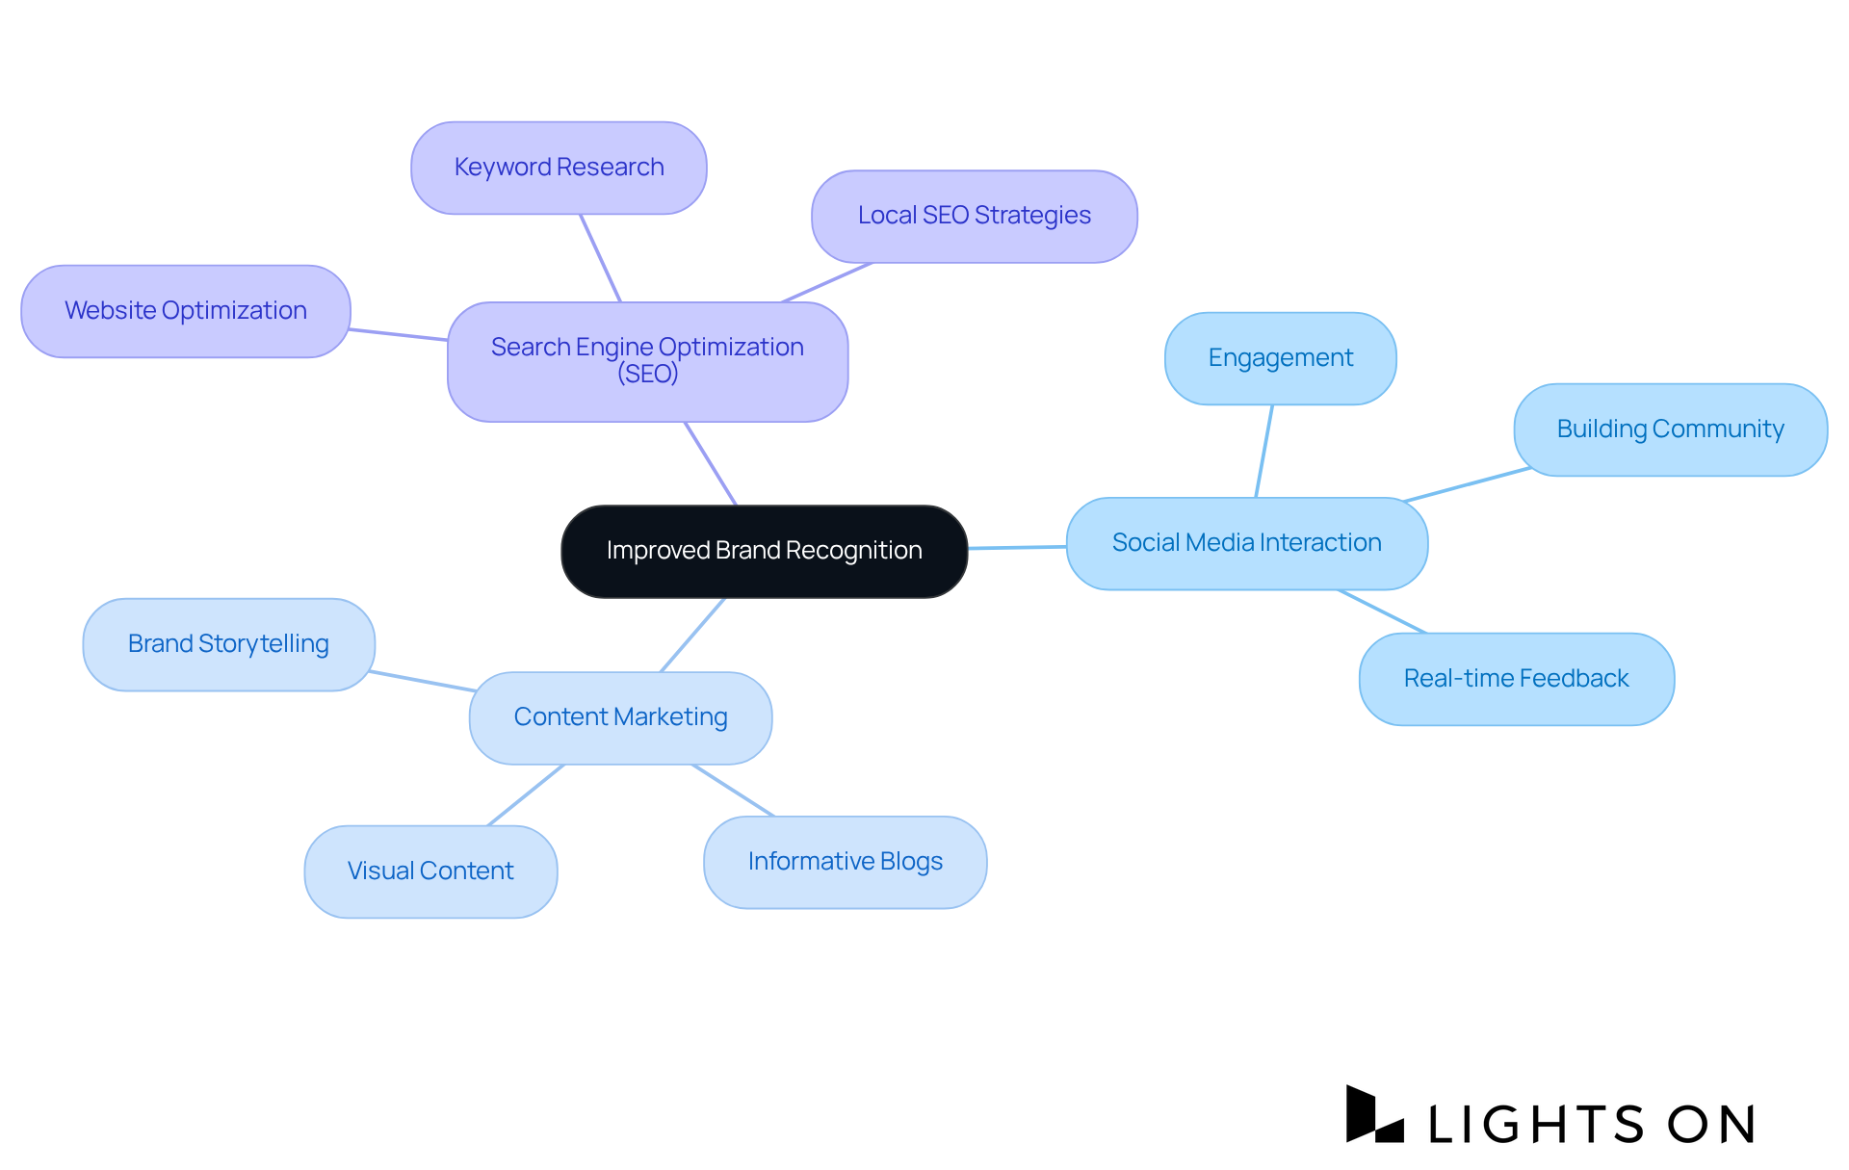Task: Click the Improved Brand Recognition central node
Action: pyautogui.click(x=764, y=551)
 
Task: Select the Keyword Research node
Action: pyautogui.click(x=559, y=168)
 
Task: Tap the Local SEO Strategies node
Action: pyautogui.click(x=974, y=216)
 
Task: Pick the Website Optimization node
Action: pyautogui.click(x=185, y=311)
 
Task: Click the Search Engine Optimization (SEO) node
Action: pyautogui.click(x=647, y=361)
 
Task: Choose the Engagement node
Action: pyautogui.click(x=1280, y=358)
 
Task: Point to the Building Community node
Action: pyautogui.click(x=1670, y=429)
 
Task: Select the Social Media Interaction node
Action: pyautogui.click(x=1246, y=543)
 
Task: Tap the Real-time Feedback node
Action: pyautogui.click(x=1516, y=679)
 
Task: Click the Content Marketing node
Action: pyautogui.click(x=620, y=717)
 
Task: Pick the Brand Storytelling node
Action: pyautogui.click(x=228, y=644)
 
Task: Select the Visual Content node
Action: pyautogui.click(x=430, y=871)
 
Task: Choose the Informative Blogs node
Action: pyautogui.click(x=845, y=862)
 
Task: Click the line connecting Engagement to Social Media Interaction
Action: pyautogui.click(x=1264, y=451)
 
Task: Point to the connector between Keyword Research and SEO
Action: pyautogui.click(x=600, y=258)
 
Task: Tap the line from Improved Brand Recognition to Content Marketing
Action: pyautogui.click(x=692, y=635)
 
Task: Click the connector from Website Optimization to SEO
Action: pyautogui.click(x=399, y=334)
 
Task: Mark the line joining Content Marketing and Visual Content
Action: pyautogui.click(x=526, y=795)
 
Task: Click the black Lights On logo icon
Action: pyautogui.click(x=1373, y=1115)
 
